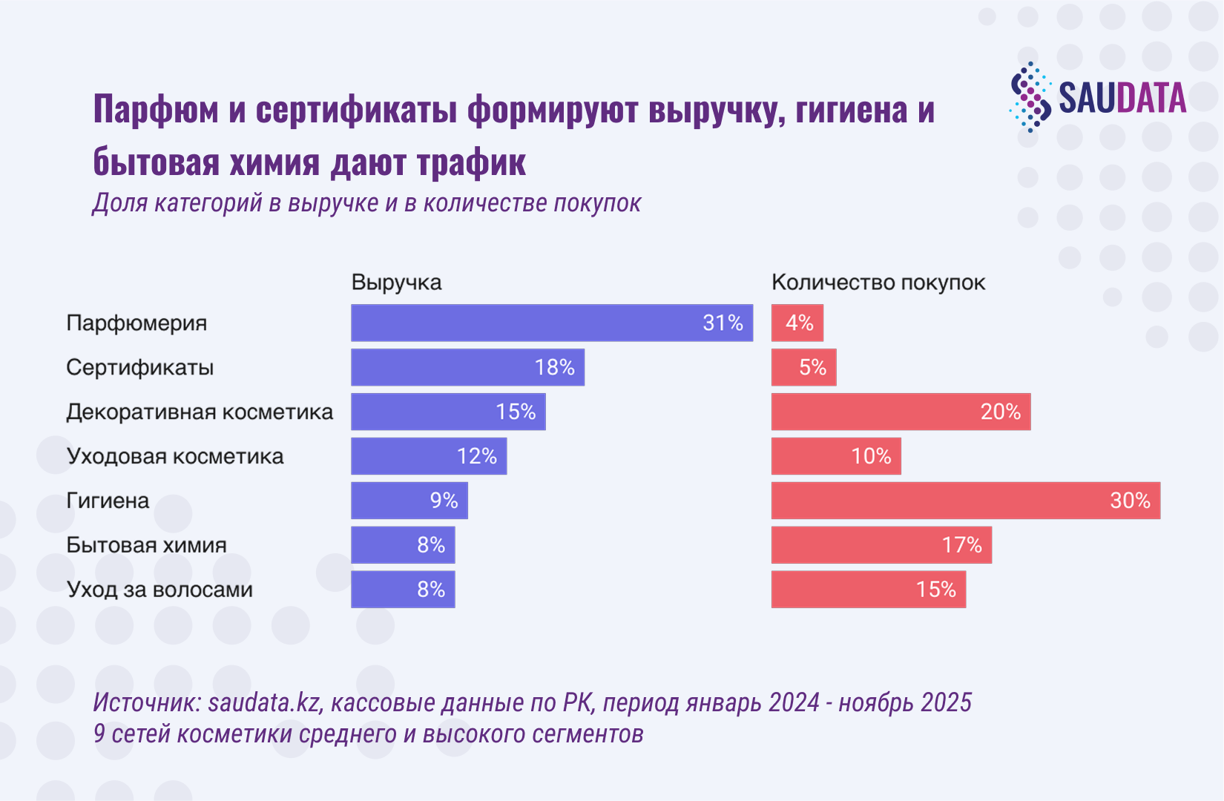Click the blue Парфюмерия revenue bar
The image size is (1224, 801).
pyautogui.click(x=551, y=323)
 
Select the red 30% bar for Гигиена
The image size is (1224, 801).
pyautogui.click(x=965, y=501)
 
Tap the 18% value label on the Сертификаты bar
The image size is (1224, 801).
pyautogui.click(x=554, y=367)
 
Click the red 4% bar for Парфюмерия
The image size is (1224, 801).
pyautogui.click(x=797, y=323)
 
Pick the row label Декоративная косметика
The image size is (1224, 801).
pyautogui.click(x=200, y=412)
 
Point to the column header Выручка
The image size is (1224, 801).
pyautogui.click(x=396, y=283)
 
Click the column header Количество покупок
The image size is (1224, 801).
pyautogui.click(x=878, y=283)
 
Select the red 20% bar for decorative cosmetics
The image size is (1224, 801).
pyautogui.click(x=901, y=412)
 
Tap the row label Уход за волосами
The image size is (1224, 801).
pyautogui.click(x=159, y=590)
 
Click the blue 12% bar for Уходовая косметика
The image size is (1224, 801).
pyautogui.click(x=429, y=456)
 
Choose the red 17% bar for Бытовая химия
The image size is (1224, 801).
pyautogui.click(x=881, y=545)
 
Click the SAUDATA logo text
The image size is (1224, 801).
pyautogui.click(x=1122, y=99)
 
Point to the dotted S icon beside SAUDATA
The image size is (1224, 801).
pyautogui.click(x=1030, y=97)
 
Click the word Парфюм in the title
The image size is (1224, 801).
pyautogui.click(x=157, y=110)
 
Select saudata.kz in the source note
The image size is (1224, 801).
pyautogui.click(x=265, y=702)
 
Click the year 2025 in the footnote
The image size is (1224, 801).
pyautogui.click(x=943, y=702)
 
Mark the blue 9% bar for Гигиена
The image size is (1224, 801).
pyautogui.click(x=409, y=501)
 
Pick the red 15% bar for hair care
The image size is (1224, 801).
pyautogui.click(x=868, y=590)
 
